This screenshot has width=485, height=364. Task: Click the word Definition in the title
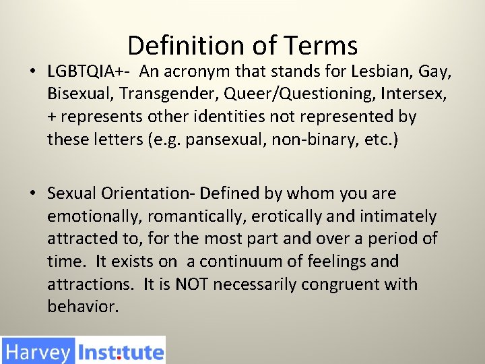(186, 45)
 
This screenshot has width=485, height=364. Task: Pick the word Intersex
(413, 94)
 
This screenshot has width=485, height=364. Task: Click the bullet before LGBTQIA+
(32, 71)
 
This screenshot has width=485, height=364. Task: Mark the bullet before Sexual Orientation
(32, 193)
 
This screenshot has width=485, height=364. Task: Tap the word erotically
(286, 216)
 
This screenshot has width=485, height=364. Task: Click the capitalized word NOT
(191, 284)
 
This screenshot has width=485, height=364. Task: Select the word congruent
(340, 285)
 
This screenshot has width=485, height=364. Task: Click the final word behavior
(83, 306)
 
